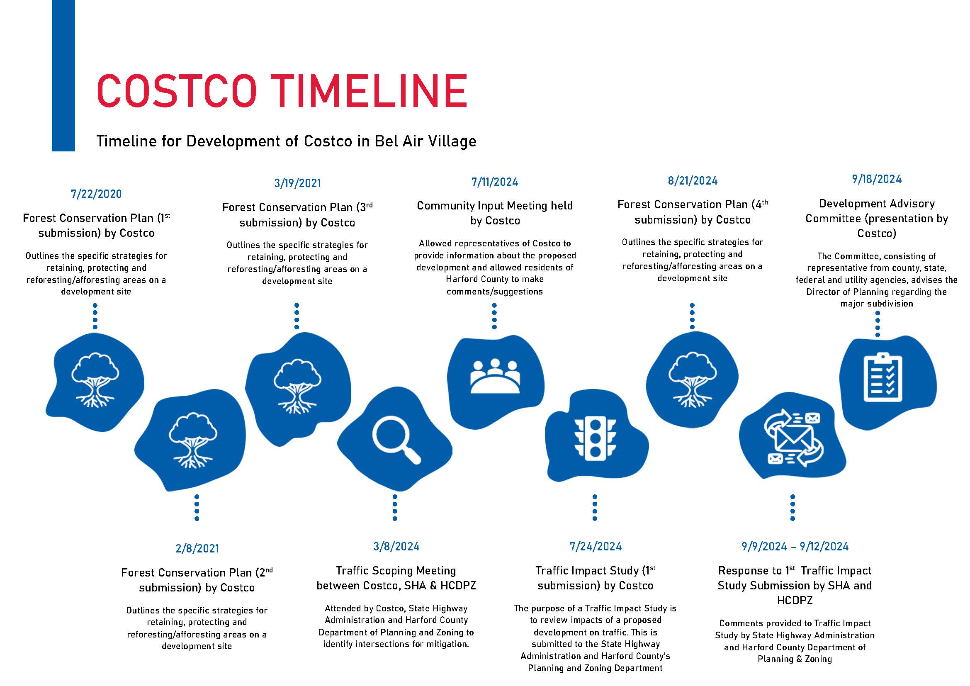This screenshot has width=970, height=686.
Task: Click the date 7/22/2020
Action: (96, 194)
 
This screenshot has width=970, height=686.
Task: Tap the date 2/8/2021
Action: (197, 548)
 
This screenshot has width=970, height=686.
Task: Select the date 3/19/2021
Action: (297, 183)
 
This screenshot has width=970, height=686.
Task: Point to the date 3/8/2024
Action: (396, 546)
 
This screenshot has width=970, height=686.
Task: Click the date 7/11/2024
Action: (495, 182)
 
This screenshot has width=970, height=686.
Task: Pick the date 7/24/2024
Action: (596, 546)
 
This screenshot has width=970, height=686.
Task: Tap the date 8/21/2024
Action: (693, 181)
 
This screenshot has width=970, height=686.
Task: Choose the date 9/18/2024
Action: (877, 179)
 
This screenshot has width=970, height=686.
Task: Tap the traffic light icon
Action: (595, 438)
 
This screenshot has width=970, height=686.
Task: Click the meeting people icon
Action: (495, 376)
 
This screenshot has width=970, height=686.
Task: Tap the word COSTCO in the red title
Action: (177, 91)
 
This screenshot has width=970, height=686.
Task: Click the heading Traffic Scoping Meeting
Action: (396, 571)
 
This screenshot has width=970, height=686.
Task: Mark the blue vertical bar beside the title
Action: (63, 75)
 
